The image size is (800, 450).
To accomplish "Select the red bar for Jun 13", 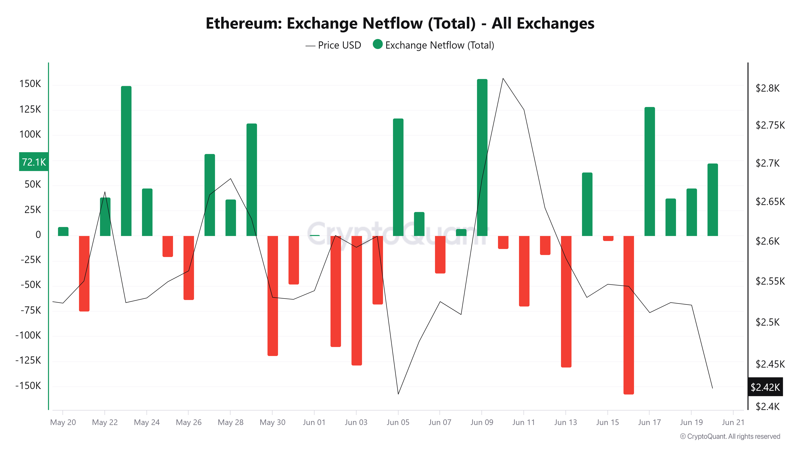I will [566, 301].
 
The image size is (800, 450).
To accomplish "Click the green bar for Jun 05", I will [398, 177].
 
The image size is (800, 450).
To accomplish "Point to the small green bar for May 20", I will [63, 231].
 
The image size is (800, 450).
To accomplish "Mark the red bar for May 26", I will [189, 268].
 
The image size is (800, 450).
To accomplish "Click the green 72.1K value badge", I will [34, 162].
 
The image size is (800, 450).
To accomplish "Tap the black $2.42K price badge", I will [765, 387].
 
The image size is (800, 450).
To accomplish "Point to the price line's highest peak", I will [503, 79].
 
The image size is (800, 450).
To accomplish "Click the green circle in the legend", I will [377, 44].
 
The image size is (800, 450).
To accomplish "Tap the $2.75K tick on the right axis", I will [770, 125].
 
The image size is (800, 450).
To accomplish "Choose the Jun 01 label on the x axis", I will [314, 422].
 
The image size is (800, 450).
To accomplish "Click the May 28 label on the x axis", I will [230, 422].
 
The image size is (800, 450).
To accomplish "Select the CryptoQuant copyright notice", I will [730, 436].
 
